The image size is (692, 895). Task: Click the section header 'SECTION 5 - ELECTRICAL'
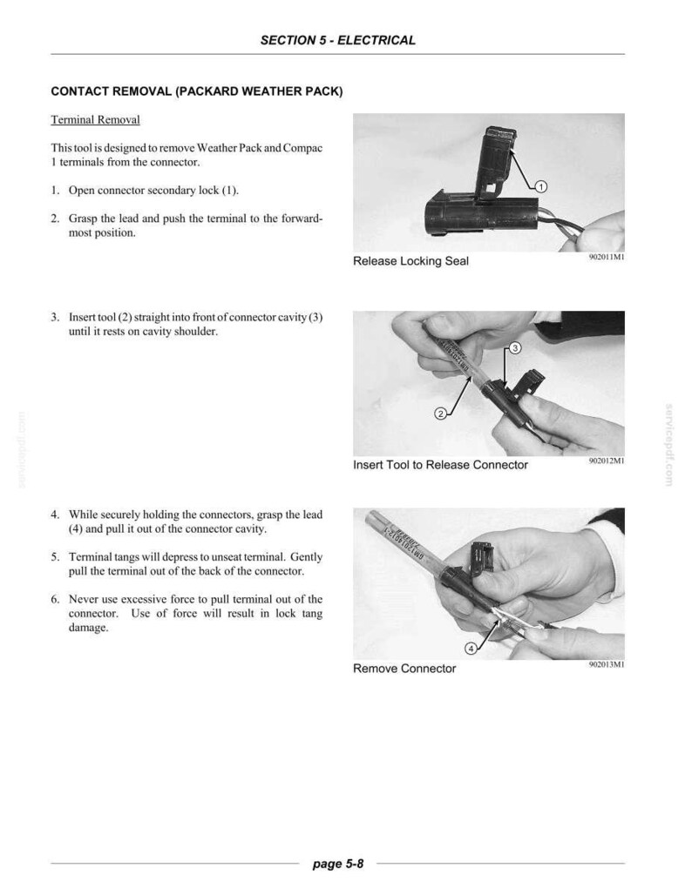coord(337,41)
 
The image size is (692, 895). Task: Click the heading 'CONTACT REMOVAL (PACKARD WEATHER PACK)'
coord(197,92)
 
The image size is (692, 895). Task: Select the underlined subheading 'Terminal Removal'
coord(95,120)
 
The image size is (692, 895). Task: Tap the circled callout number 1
coord(541,186)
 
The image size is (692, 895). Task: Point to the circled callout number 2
coord(440,414)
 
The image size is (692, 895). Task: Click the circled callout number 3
coord(514,348)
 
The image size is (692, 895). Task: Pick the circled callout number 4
coord(471,649)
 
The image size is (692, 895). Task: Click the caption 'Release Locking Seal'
coord(410,261)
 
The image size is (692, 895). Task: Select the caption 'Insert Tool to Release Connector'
coord(441,465)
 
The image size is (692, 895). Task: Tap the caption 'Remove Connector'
coord(404,669)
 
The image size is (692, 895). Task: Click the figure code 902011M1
coord(607,258)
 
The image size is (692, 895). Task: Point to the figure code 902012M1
coord(607,461)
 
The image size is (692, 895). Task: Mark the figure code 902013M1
coord(607,664)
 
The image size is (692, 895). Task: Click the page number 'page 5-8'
coord(338,864)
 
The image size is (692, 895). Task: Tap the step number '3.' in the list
coord(56,318)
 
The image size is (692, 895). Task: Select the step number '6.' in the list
coord(56,599)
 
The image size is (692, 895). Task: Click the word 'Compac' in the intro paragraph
coord(302,148)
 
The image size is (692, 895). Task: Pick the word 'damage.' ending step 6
coord(89,628)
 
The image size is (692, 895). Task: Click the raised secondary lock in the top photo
coord(496,163)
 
